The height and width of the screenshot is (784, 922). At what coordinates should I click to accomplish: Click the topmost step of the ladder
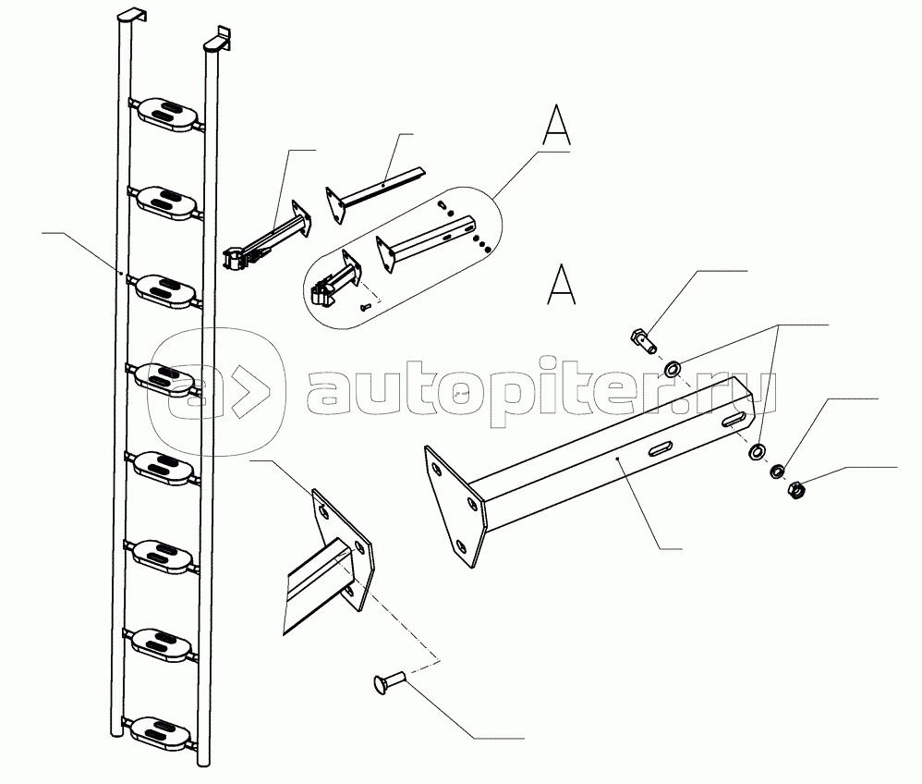[x=168, y=112]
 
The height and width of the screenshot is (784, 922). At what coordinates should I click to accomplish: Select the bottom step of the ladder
[x=164, y=729]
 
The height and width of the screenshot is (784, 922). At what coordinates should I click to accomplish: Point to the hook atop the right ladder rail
[x=216, y=40]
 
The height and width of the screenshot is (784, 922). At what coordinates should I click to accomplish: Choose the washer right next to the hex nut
[x=778, y=472]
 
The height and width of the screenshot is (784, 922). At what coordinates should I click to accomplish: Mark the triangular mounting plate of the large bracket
[x=454, y=508]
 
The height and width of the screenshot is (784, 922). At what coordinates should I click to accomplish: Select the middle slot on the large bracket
[x=661, y=449]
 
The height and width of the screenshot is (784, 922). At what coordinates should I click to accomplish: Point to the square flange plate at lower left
[x=344, y=549]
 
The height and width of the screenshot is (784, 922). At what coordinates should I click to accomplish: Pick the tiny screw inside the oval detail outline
[x=364, y=305]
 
